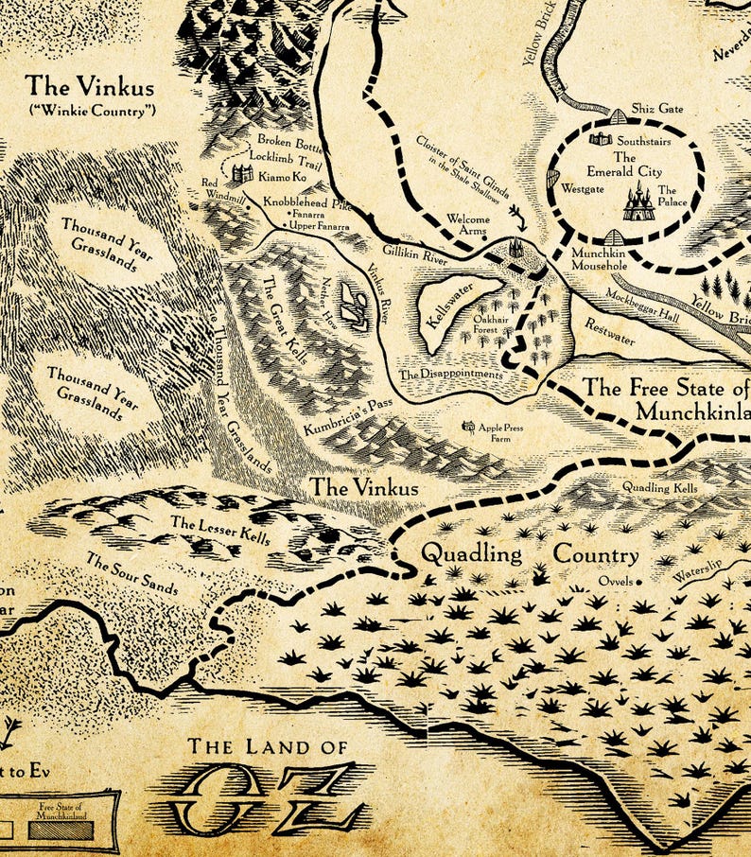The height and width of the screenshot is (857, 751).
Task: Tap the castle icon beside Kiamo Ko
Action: pos(243,174)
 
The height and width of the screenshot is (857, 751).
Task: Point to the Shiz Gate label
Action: pos(657,109)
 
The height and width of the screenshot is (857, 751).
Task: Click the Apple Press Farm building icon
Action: pos(467,428)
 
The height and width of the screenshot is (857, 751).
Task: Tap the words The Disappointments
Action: pos(451,375)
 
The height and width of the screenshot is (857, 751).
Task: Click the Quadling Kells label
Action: pos(659,488)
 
